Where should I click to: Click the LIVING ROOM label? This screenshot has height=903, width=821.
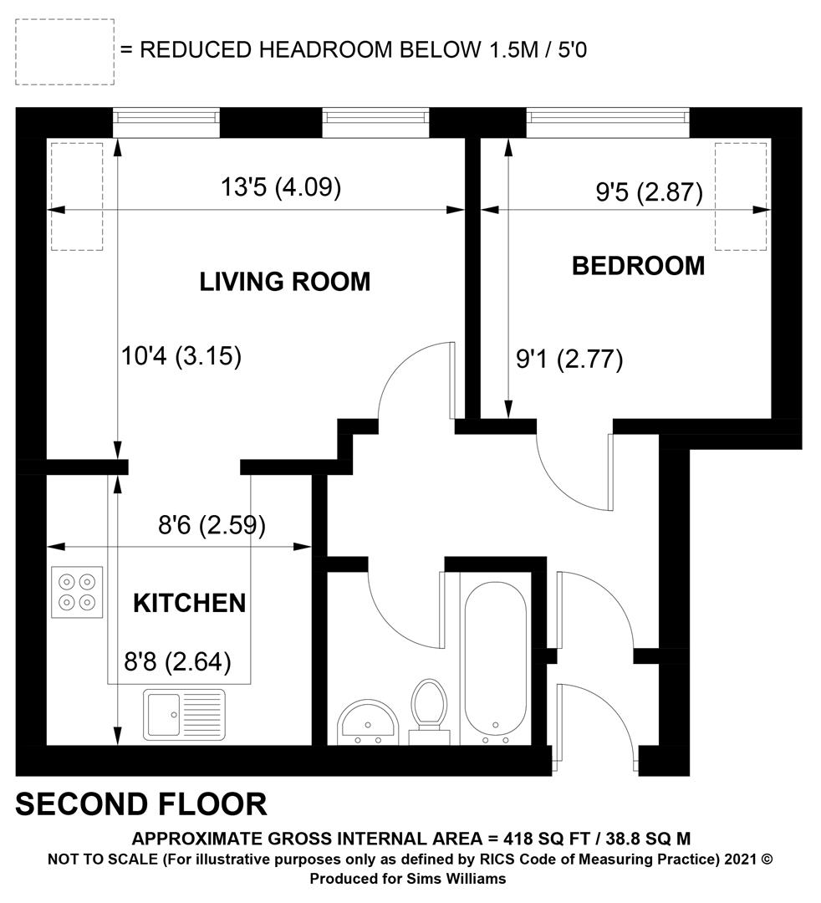click(x=284, y=282)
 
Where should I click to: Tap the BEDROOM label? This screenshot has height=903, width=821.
click(x=638, y=266)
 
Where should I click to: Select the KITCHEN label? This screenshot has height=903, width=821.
click(x=190, y=603)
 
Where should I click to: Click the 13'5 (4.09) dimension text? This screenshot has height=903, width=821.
click(x=281, y=187)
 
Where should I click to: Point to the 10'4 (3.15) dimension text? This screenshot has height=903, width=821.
click(x=181, y=356)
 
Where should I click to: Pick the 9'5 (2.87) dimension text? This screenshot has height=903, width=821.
click(x=649, y=191)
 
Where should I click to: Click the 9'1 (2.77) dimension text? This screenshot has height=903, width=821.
click(x=569, y=360)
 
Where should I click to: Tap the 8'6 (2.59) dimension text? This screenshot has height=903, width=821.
click(x=212, y=525)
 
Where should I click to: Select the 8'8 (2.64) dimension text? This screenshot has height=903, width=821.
click(x=177, y=662)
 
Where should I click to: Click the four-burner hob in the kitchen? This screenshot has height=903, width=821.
click(x=77, y=592)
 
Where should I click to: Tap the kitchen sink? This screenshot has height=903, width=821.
click(x=184, y=715)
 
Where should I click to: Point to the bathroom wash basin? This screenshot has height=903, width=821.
click(x=368, y=722)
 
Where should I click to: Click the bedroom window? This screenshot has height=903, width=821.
click(x=608, y=123)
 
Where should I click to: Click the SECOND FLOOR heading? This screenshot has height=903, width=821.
click(x=141, y=804)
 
